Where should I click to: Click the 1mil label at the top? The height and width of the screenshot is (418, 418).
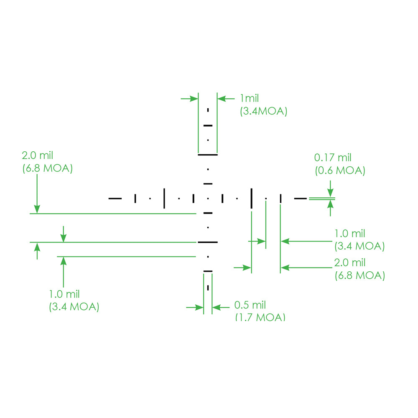[x=249, y=99]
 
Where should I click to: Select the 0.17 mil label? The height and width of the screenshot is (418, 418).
[x=333, y=158]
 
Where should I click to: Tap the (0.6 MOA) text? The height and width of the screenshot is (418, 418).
[x=339, y=171]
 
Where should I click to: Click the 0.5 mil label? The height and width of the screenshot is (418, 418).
[x=250, y=305]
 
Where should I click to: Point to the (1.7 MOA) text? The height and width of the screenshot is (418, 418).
[x=260, y=317]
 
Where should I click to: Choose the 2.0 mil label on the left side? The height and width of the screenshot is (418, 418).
[x=38, y=156]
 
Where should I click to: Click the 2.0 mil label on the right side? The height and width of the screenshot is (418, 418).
[x=350, y=263]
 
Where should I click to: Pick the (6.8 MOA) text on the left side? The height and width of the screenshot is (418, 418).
[x=47, y=169]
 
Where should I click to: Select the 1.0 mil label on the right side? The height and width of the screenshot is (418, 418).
[x=350, y=233]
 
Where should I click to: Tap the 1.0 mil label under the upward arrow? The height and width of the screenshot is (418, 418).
[x=64, y=294]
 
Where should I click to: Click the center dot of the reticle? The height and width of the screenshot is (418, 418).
[x=208, y=198]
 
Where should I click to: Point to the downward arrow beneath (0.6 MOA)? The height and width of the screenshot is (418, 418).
[x=331, y=188]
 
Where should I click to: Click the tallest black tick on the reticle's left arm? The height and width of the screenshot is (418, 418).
[x=164, y=198]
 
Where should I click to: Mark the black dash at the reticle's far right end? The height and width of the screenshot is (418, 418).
[x=301, y=198]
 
